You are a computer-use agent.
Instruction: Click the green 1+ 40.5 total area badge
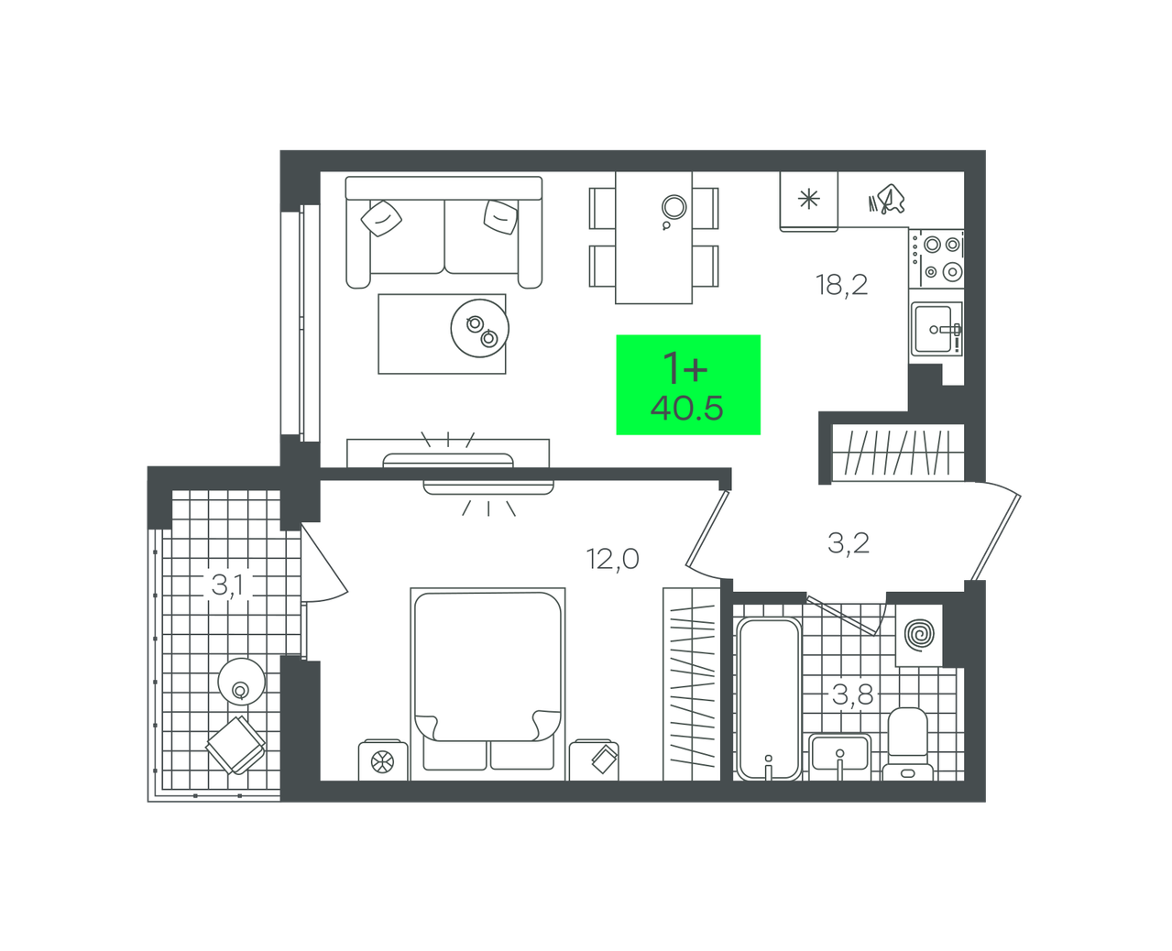688,385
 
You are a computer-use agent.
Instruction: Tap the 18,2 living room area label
841,285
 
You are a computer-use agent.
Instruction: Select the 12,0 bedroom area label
612,559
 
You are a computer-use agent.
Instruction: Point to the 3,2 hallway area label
848,543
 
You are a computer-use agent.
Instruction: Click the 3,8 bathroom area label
852,694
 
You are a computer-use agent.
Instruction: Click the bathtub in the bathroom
769,698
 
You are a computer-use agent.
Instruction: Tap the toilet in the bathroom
907,744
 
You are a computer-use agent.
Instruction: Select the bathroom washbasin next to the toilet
839,757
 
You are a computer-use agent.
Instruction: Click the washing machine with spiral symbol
919,635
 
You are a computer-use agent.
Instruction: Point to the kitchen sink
936,328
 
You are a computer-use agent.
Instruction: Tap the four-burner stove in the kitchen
937,258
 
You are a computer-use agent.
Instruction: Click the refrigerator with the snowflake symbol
808,202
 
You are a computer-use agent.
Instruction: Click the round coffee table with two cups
479,328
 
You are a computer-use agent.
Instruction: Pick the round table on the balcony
241,682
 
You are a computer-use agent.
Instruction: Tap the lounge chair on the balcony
236,745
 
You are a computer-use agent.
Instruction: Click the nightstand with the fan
383,760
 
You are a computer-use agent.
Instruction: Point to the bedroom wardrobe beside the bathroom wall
692,684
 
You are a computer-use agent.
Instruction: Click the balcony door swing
324,563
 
